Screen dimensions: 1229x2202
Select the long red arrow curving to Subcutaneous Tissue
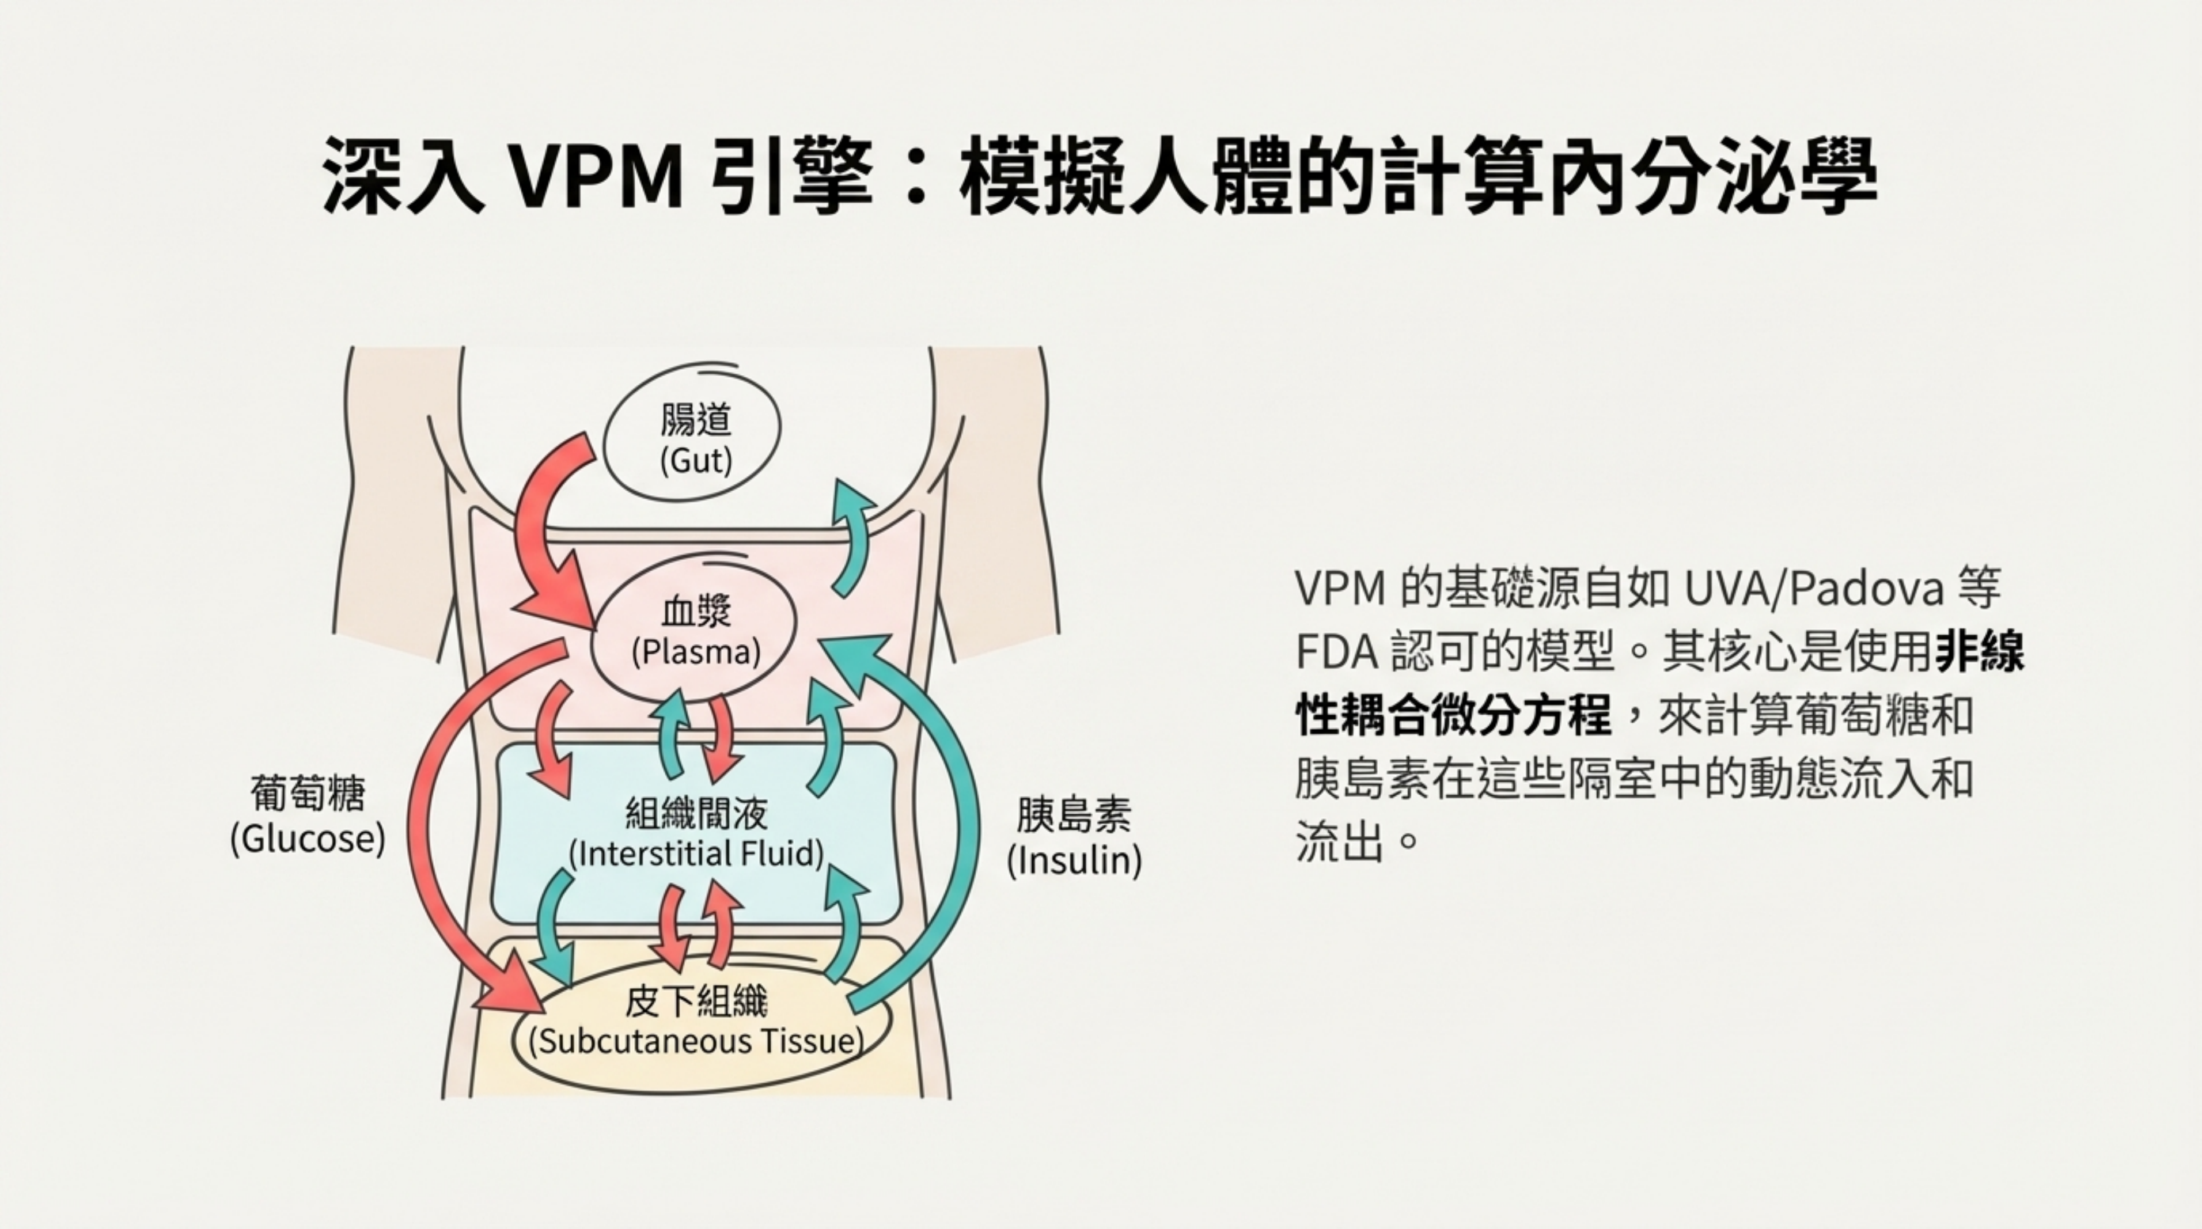click(427, 821)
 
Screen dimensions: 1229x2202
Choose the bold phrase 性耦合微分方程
click(1453, 715)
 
